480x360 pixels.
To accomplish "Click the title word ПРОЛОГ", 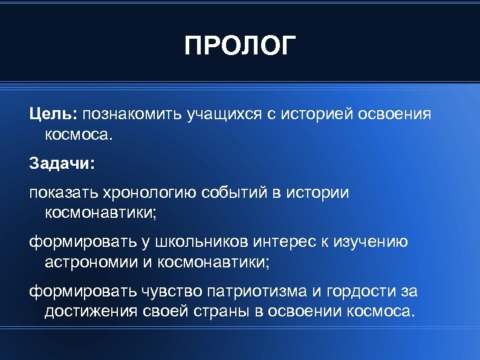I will pos(240,47).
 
